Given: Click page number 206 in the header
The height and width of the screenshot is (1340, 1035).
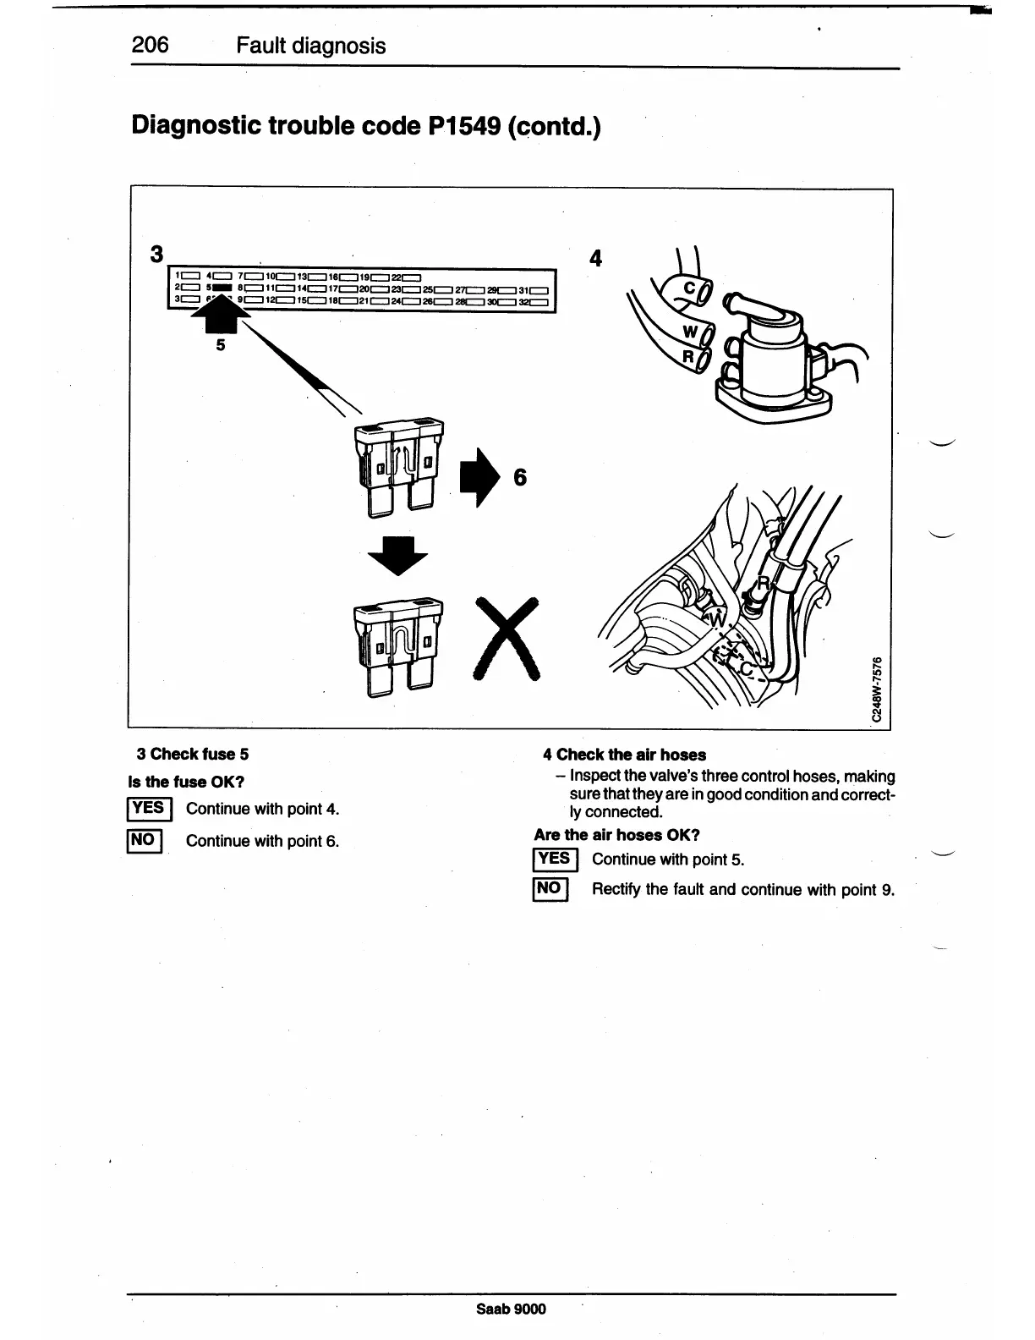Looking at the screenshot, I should [151, 45].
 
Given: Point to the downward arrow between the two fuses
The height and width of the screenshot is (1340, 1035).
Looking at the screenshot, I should [399, 557].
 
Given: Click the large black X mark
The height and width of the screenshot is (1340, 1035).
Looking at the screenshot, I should [507, 638].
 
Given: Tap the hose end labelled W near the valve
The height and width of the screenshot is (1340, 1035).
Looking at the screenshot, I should [691, 331].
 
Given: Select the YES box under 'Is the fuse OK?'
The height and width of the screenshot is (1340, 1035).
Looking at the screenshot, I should [149, 809].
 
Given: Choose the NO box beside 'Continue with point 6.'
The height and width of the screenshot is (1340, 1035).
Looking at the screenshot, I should [143, 840].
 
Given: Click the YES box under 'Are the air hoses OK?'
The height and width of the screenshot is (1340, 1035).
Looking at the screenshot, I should [555, 859].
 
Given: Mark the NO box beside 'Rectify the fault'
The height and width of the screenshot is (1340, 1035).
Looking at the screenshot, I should [550, 888].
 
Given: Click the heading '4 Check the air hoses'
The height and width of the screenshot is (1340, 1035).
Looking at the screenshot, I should [624, 755].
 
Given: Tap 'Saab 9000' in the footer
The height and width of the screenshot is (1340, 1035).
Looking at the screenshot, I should [511, 1309].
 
